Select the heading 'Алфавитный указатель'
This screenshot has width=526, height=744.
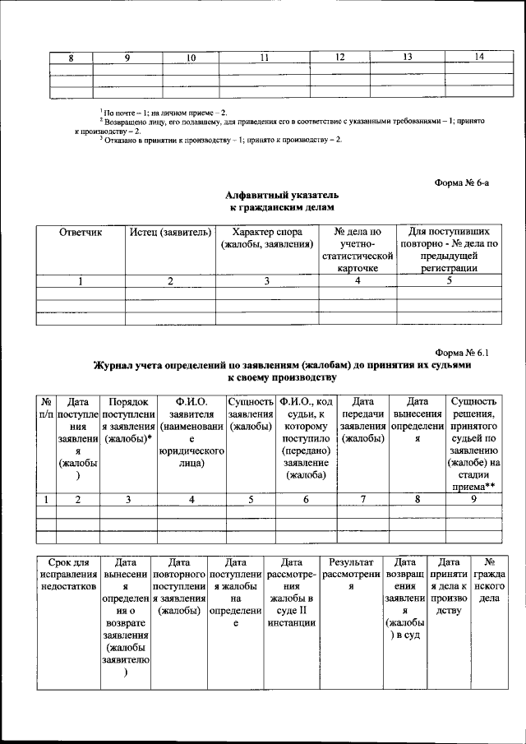[282, 196]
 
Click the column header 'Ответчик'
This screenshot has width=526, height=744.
[81, 233]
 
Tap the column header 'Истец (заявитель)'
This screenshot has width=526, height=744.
[171, 233]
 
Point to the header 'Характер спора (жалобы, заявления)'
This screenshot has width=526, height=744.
[267, 238]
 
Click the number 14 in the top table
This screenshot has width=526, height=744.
[480, 57]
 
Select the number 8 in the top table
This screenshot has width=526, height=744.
[71, 57]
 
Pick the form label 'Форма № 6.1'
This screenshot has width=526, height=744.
[465, 351]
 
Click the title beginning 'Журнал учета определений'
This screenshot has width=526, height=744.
[282, 364]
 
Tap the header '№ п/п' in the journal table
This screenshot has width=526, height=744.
[47, 409]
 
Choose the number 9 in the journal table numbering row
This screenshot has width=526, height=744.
[473, 499]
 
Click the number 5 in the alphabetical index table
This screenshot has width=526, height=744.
[449, 281]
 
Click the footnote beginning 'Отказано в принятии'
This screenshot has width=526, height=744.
[220, 139]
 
